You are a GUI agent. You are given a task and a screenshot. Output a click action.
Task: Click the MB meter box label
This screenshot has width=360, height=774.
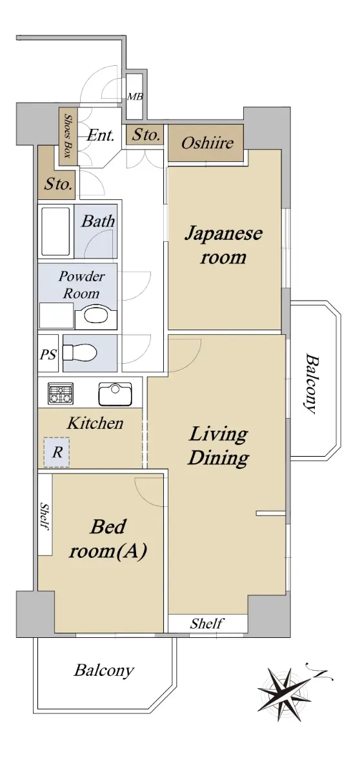(135, 97)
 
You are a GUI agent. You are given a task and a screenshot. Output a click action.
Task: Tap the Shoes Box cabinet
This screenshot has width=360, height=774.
(68, 137)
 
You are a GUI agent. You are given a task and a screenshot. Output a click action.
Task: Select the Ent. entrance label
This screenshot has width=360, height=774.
(100, 135)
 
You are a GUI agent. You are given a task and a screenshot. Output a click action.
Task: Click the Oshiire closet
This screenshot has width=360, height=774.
(206, 143)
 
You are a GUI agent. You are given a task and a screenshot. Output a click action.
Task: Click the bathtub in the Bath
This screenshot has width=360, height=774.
(56, 231)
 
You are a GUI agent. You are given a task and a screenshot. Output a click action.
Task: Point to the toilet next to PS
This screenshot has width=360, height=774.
(80, 353)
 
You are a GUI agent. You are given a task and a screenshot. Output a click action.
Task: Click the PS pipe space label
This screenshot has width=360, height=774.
(48, 355)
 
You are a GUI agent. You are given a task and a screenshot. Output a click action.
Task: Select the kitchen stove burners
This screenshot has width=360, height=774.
(61, 393)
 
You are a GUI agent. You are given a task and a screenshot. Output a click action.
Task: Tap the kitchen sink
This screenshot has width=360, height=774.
(115, 394)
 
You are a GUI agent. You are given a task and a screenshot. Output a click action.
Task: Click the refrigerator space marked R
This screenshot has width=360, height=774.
(57, 452)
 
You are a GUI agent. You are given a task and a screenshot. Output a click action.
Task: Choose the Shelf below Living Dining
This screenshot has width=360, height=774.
(208, 623)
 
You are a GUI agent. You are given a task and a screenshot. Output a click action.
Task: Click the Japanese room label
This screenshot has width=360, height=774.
(223, 244)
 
